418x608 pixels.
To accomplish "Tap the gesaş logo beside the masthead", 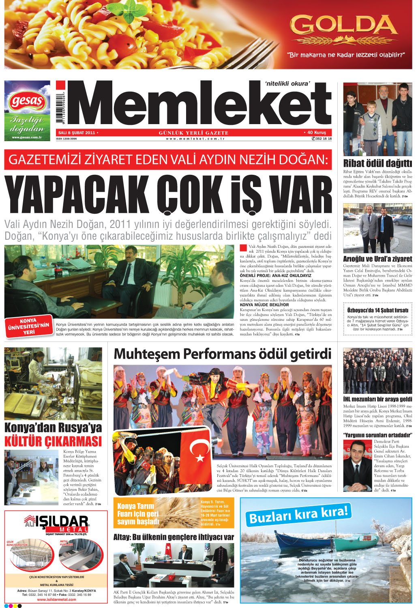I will pyautogui.click(x=27, y=101).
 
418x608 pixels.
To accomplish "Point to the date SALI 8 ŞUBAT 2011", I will pyautogui.click(x=77, y=133).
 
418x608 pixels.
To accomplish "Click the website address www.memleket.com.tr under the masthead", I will pyautogui.click(x=195, y=139).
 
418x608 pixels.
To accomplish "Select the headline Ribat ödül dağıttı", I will pyautogui.click(x=377, y=163).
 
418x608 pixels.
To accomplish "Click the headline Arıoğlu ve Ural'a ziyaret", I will pyautogui.click(x=377, y=259).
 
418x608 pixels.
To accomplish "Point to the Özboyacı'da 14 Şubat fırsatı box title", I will pyautogui.click(x=377, y=310).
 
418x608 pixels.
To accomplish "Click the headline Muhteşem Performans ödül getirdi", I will pyautogui.click(x=223, y=354).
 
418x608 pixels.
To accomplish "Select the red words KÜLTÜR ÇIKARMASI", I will pyautogui.click(x=53, y=441).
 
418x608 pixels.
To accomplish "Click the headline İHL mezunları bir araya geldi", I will pyautogui.click(x=377, y=399).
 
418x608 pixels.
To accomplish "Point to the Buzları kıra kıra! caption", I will pyautogui.click(x=298, y=514).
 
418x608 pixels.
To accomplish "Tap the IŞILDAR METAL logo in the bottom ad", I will pyautogui.click(x=57, y=524).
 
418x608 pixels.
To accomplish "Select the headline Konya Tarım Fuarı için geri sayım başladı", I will pyautogui.click(x=138, y=513).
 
